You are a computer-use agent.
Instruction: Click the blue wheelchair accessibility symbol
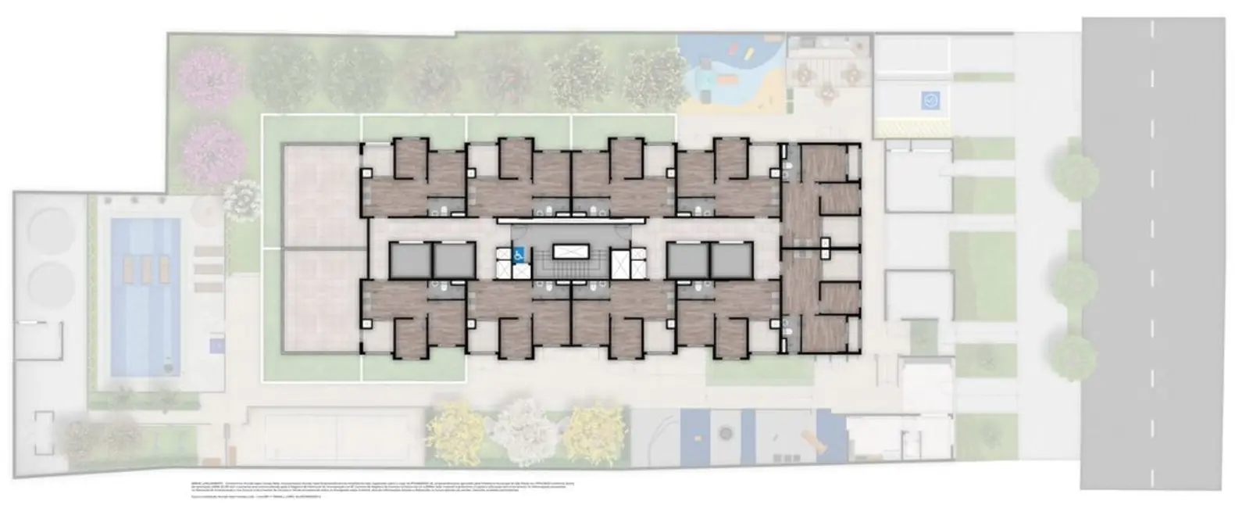(x=517, y=253)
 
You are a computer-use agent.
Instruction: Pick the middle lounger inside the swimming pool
(x=145, y=270)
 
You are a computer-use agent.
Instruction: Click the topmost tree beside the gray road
(x=1073, y=177)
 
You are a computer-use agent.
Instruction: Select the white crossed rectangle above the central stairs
(x=574, y=252)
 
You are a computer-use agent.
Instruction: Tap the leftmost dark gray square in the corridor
(x=409, y=261)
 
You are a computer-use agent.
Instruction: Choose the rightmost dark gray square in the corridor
(x=731, y=261)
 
